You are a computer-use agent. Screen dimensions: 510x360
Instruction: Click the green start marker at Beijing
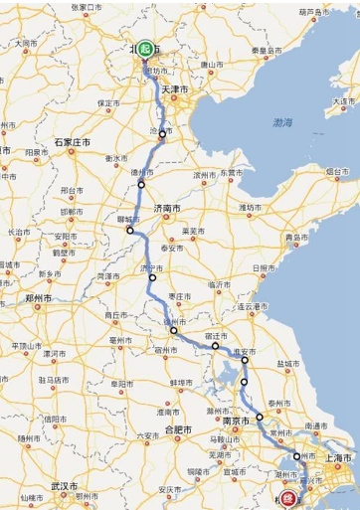pyautogui.click(x=146, y=49)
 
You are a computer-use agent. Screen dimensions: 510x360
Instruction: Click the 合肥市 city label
pyautogui.click(x=181, y=429)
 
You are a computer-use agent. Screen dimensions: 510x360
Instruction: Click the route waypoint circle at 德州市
pyautogui.click(x=141, y=184)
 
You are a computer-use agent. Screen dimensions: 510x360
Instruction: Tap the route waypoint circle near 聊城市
pyautogui.click(x=129, y=232)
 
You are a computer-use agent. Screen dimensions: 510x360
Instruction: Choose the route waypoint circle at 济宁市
pyautogui.click(x=152, y=278)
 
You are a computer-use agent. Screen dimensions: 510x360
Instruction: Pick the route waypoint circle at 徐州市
pyautogui.click(x=173, y=329)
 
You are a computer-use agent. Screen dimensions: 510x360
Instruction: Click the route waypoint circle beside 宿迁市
pyautogui.click(x=215, y=347)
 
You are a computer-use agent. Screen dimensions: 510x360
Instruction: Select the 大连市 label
pyautogui.click(x=341, y=101)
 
